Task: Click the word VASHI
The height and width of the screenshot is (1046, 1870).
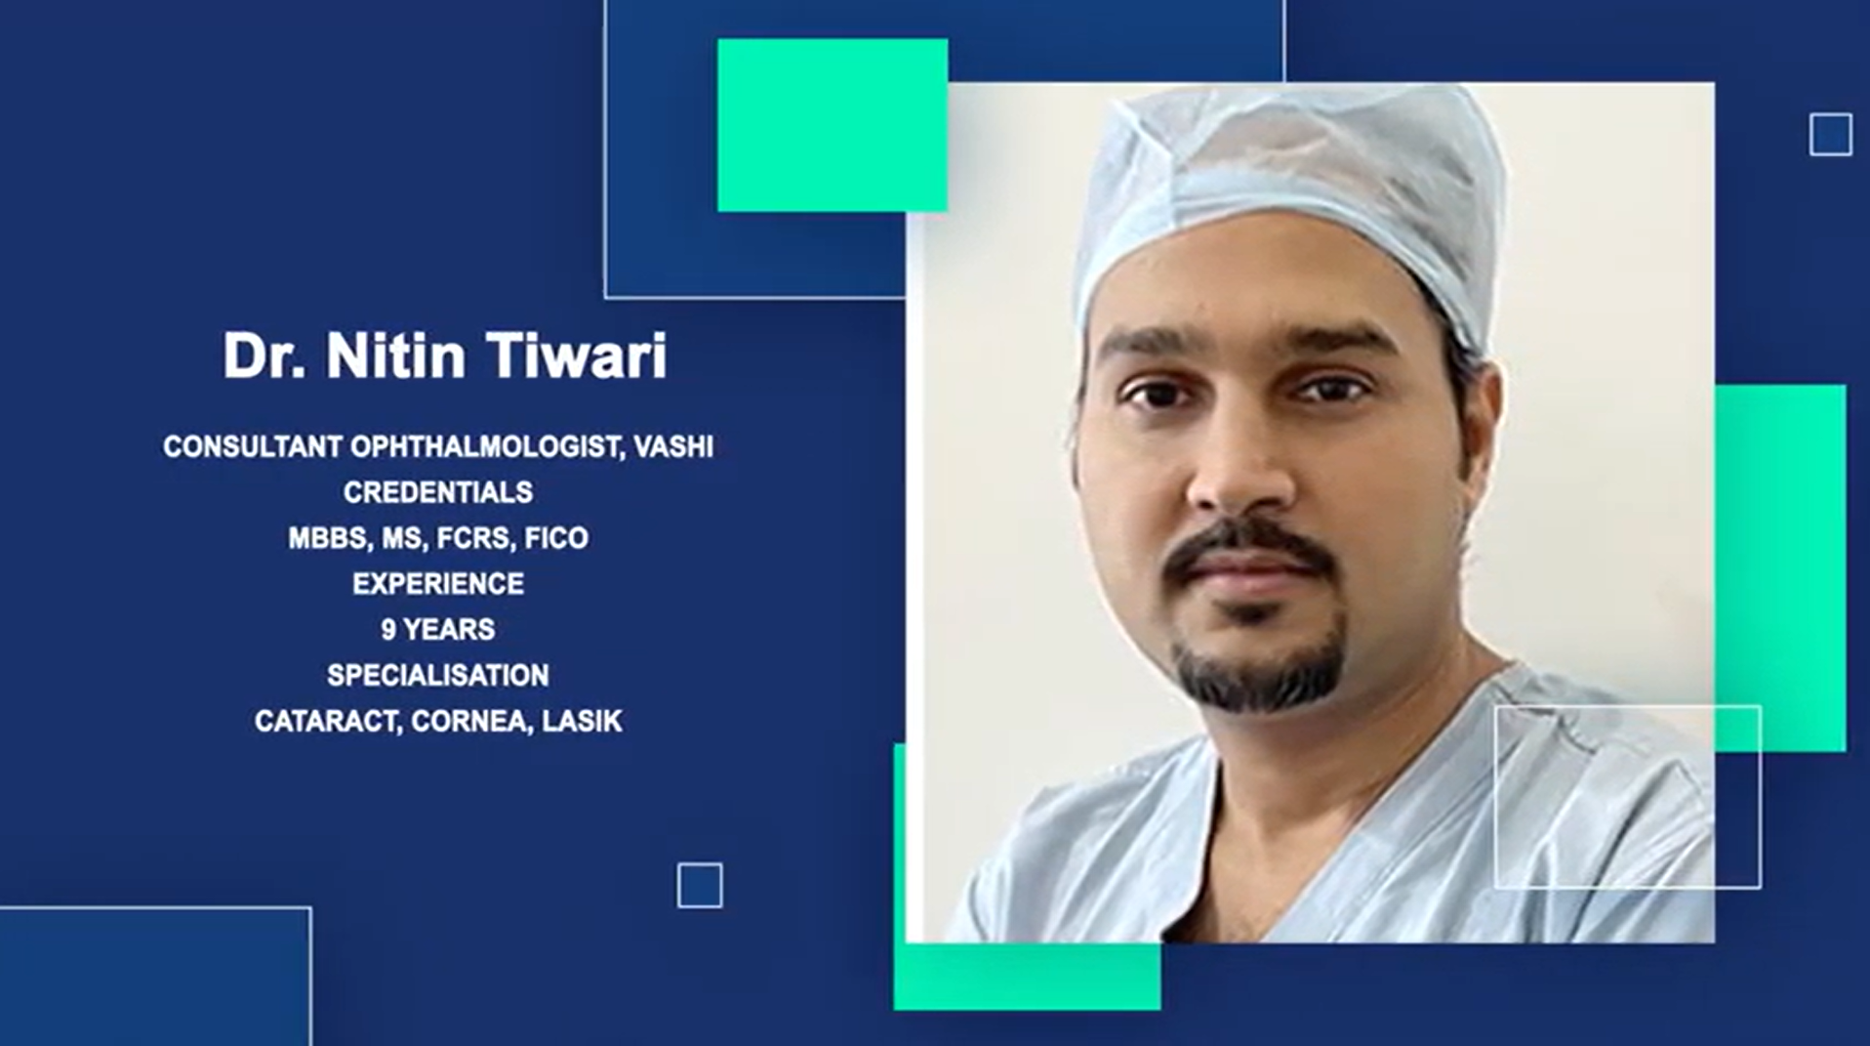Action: [x=673, y=447]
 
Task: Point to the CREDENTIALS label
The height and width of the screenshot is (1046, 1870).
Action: [x=437, y=492]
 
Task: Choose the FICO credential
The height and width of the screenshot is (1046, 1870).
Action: [x=556, y=538]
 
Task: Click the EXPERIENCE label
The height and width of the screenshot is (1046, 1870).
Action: [x=437, y=584]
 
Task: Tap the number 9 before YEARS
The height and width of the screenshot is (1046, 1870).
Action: [x=388, y=630]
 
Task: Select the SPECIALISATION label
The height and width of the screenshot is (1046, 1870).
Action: [x=437, y=676]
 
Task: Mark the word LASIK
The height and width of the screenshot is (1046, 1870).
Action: [x=582, y=722]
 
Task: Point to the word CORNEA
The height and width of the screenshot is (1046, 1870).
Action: [x=467, y=722]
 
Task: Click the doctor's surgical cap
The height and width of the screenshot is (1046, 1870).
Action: [x=1288, y=186]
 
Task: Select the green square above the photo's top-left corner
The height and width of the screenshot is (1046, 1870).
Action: [x=832, y=125]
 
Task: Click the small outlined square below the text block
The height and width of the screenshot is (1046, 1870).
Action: [x=700, y=886]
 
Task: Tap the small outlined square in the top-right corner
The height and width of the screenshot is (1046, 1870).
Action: [x=1830, y=135]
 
